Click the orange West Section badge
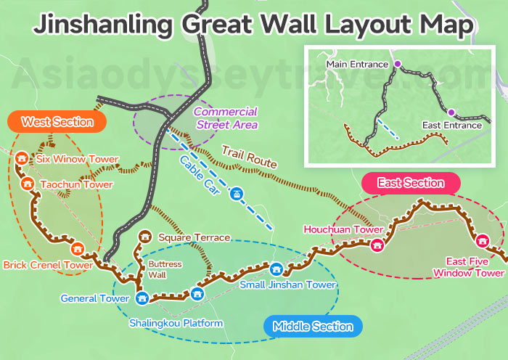click(57, 121)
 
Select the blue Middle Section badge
click(312, 327)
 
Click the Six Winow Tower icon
click(22, 159)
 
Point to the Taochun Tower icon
click(28, 184)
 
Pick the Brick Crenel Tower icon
click(77, 250)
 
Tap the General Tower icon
click(142, 297)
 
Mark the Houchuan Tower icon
click(377, 245)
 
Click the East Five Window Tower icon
click(482, 240)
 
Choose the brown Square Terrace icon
click(144, 237)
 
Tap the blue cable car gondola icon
click(235, 193)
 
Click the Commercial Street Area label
click(226, 118)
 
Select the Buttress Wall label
click(165, 270)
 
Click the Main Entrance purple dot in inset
click(397, 65)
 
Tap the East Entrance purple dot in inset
click(451, 112)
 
